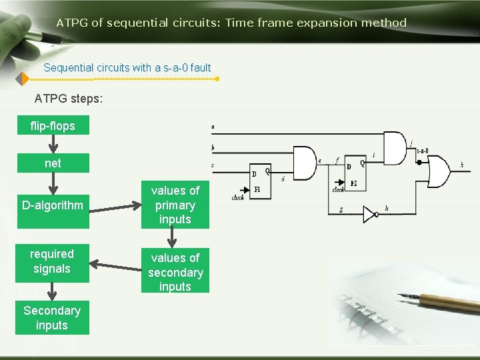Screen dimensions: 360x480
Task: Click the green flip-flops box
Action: click(x=52, y=125)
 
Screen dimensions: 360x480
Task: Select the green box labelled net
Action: click(x=52, y=163)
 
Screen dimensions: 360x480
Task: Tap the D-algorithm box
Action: click(x=52, y=205)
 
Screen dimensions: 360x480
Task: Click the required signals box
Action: click(x=52, y=261)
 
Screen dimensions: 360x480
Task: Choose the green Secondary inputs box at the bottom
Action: click(x=52, y=317)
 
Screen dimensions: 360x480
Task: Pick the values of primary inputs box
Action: click(x=175, y=205)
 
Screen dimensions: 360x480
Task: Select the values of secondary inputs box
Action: click(x=175, y=272)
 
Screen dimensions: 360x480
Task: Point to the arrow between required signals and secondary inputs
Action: click(x=115, y=267)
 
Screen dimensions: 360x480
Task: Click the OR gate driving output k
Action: click(x=437, y=171)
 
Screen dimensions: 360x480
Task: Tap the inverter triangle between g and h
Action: click(x=369, y=214)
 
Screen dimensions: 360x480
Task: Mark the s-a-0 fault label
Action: click(x=422, y=151)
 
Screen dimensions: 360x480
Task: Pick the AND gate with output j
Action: click(x=394, y=148)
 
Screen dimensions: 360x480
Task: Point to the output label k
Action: click(x=462, y=165)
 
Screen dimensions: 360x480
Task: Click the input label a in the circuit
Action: click(x=213, y=126)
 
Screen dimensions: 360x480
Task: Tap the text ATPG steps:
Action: click(x=69, y=99)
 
